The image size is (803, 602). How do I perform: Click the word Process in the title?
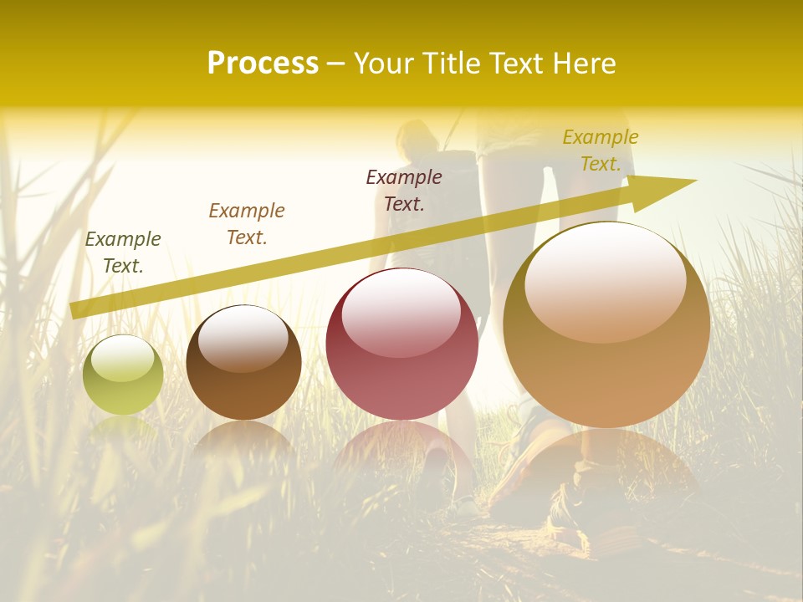tap(263, 64)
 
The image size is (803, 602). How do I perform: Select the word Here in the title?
tap(584, 64)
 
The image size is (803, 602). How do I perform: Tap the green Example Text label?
tap(123, 253)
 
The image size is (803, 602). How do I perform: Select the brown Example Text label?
tap(246, 224)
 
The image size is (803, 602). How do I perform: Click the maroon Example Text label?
tap(404, 191)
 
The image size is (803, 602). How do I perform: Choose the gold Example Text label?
tap(601, 150)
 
